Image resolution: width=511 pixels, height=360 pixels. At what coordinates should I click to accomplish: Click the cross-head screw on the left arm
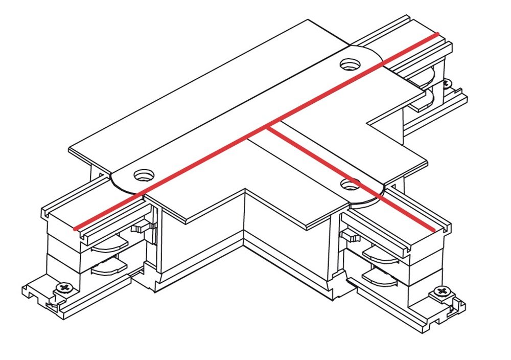point(64,287)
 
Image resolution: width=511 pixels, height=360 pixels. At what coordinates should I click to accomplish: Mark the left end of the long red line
point(76,229)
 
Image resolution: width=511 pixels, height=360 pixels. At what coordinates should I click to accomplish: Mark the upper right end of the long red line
point(437,34)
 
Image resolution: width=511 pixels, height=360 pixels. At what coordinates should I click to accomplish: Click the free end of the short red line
point(434,230)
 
